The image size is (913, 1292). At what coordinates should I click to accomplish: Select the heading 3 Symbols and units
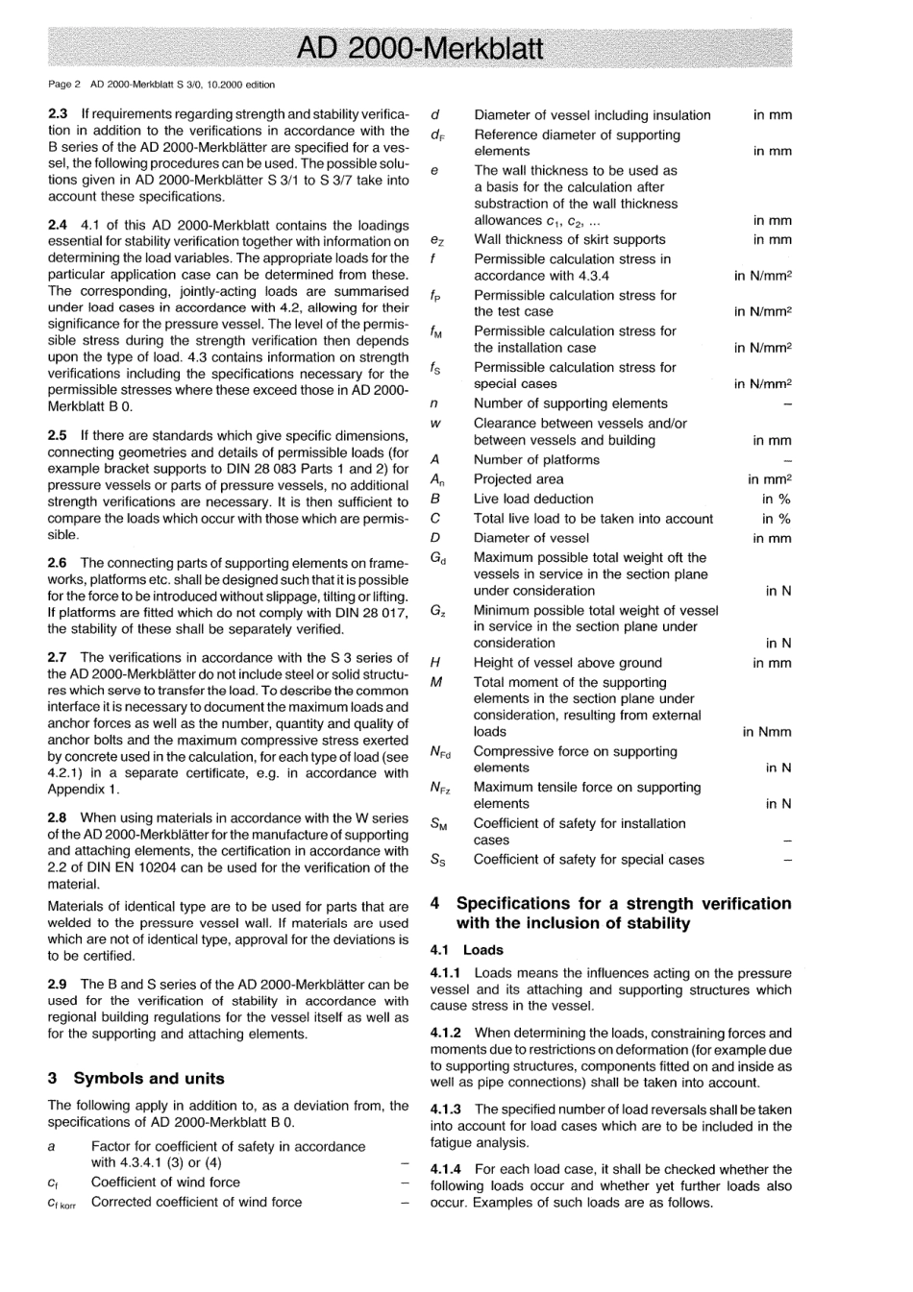(136, 1078)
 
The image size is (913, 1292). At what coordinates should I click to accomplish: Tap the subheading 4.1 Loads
(467, 949)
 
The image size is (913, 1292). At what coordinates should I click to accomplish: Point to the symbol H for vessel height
(435, 662)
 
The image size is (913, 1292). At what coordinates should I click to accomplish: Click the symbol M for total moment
(436, 682)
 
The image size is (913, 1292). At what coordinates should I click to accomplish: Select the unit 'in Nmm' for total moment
(767, 732)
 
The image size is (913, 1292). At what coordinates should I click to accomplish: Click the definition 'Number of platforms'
(536, 459)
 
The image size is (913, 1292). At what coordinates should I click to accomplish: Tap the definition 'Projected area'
(519, 478)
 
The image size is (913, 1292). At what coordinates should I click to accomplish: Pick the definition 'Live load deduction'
(533, 499)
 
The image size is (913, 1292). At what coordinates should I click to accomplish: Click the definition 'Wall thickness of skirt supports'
(569, 239)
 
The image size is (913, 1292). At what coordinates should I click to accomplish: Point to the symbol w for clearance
(435, 423)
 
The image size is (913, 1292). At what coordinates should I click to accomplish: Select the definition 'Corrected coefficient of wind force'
(196, 1202)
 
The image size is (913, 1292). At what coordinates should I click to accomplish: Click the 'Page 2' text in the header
(63, 85)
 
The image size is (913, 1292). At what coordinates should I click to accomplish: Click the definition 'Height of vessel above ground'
(567, 662)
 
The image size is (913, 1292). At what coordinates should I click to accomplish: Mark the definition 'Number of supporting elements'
(570, 403)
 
